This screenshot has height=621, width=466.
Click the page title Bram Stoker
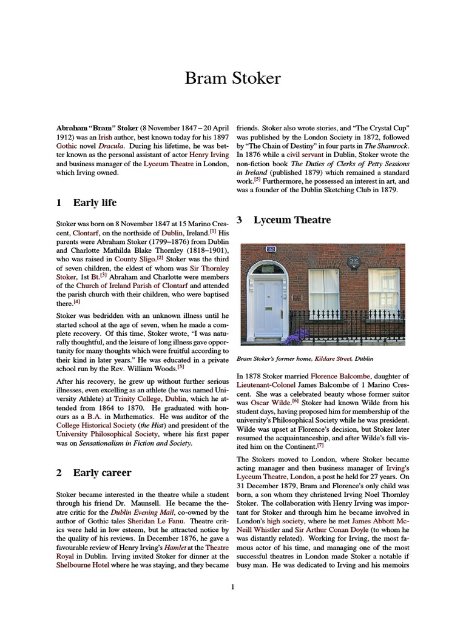[233, 79]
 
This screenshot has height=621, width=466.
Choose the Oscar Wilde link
[268, 403]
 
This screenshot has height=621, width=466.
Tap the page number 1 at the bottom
[232, 586]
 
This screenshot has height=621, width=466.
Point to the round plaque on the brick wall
[354, 263]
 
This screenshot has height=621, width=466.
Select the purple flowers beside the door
[297, 336]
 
